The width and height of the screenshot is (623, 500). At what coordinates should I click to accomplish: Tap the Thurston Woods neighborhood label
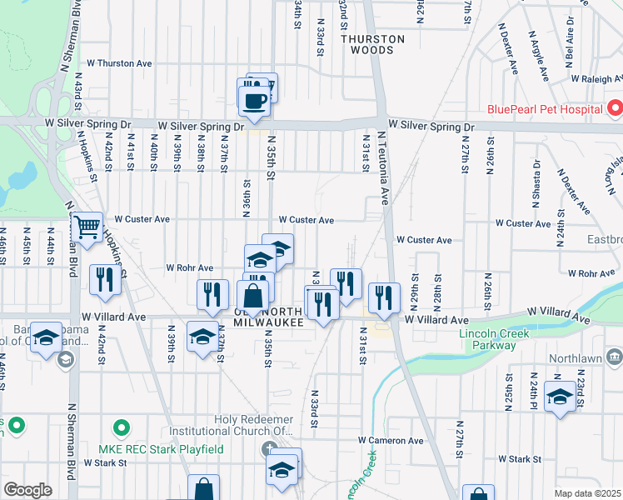372,44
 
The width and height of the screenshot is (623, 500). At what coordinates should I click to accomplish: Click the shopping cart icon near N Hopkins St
87,227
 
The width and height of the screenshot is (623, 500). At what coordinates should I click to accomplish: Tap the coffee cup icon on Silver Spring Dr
253,100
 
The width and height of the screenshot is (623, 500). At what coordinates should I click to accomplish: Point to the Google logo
27,489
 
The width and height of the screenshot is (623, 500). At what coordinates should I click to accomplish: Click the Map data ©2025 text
588,493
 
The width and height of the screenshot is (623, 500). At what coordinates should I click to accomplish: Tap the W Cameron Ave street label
391,440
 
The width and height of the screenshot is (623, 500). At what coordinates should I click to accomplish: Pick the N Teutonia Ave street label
384,167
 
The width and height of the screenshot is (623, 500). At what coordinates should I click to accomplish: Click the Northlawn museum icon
615,357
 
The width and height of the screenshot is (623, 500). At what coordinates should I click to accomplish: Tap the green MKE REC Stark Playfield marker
122,429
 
